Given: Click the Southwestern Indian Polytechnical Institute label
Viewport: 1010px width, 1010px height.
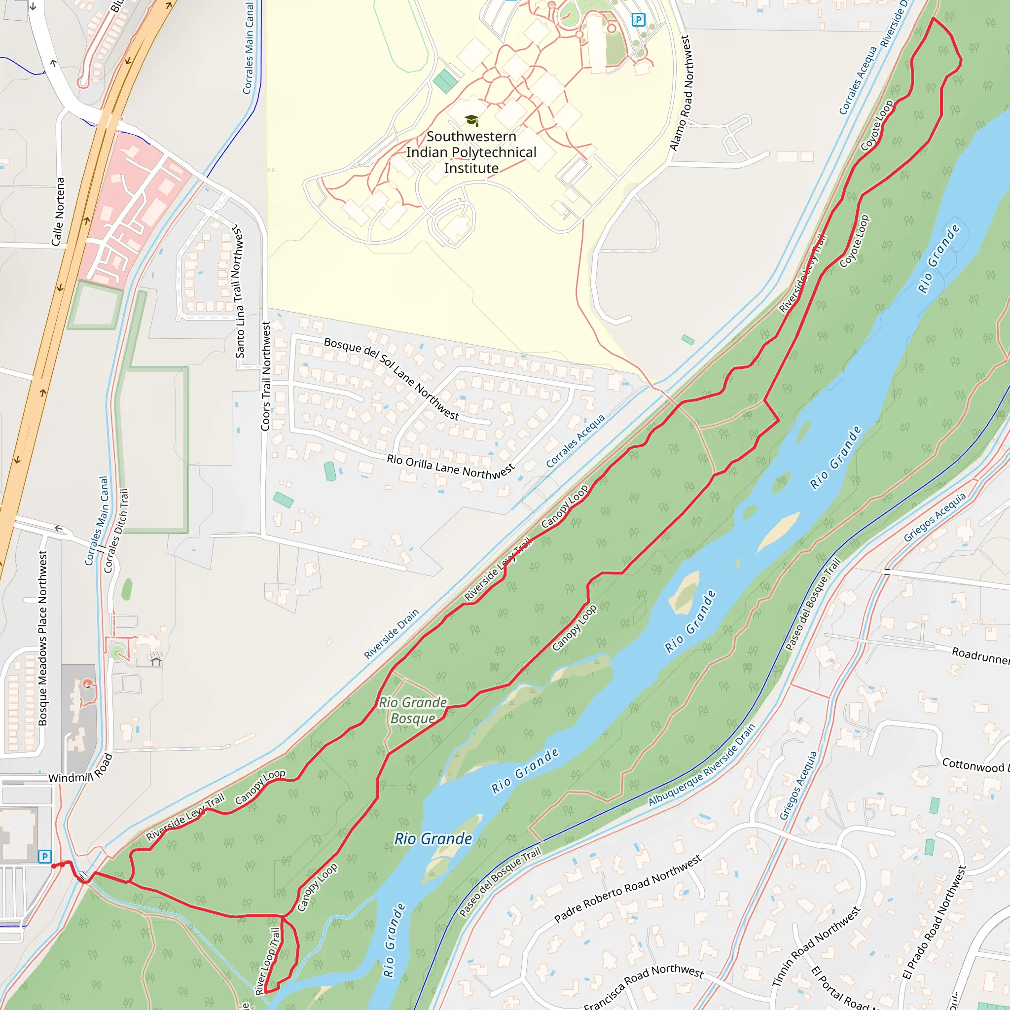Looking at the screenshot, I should (x=471, y=152).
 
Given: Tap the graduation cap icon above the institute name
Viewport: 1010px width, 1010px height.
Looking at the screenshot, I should (x=471, y=120).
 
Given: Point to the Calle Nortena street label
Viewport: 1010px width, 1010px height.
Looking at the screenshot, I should (x=58, y=211).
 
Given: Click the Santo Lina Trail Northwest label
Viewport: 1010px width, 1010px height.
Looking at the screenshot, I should (x=238, y=292).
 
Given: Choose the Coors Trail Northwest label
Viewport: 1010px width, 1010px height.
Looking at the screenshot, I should (x=266, y=376).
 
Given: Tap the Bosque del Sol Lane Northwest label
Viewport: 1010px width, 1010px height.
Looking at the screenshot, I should (x=392, y=378).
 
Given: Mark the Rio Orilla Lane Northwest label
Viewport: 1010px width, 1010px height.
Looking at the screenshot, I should (x=451, y=467).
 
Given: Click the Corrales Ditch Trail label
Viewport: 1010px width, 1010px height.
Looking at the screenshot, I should (x=116, y=530).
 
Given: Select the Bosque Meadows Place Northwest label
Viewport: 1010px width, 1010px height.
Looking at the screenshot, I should (x=43, y=638).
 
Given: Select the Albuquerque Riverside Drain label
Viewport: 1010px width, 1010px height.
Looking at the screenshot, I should (x=702, y=764).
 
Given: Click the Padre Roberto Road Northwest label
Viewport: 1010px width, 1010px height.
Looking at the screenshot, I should (x=628, y=889).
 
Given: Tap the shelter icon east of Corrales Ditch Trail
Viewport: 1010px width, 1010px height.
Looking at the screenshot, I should (x=156, y=659).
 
